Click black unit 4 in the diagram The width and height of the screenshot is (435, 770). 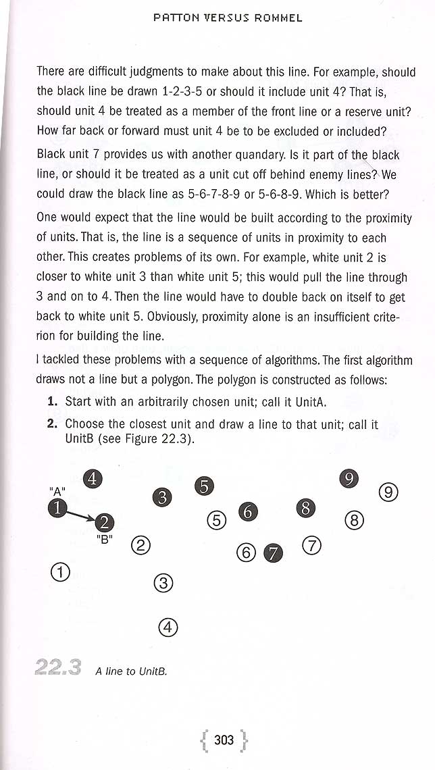[x=92, y=479]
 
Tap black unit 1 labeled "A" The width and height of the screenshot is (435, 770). [x=58, y=508]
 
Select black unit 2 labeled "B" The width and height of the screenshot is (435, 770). [x=105, y=521]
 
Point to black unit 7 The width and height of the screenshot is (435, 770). [x=274, y=553]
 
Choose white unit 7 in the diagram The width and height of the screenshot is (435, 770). [x=311, y=545]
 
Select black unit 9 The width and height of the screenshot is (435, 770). [x=349, y=479]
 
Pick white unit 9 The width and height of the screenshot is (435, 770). [x=388, y=492]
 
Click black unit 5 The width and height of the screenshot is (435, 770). [x=204, y=485]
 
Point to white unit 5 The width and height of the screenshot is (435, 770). [x=216, y=521]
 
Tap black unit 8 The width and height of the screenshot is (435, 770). [x=306, y=508]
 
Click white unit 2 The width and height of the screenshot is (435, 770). [x=140, y=545]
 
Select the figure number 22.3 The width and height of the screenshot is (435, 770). [x=58, y=668]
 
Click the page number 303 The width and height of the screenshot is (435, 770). [x=224, y=740]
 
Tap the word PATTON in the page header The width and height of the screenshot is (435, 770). [x=176, y=18]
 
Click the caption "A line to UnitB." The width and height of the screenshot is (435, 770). [x=131, y=671]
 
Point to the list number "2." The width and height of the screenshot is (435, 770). [x=52, y=424]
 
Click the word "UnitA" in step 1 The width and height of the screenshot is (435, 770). [x=311, y=402]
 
